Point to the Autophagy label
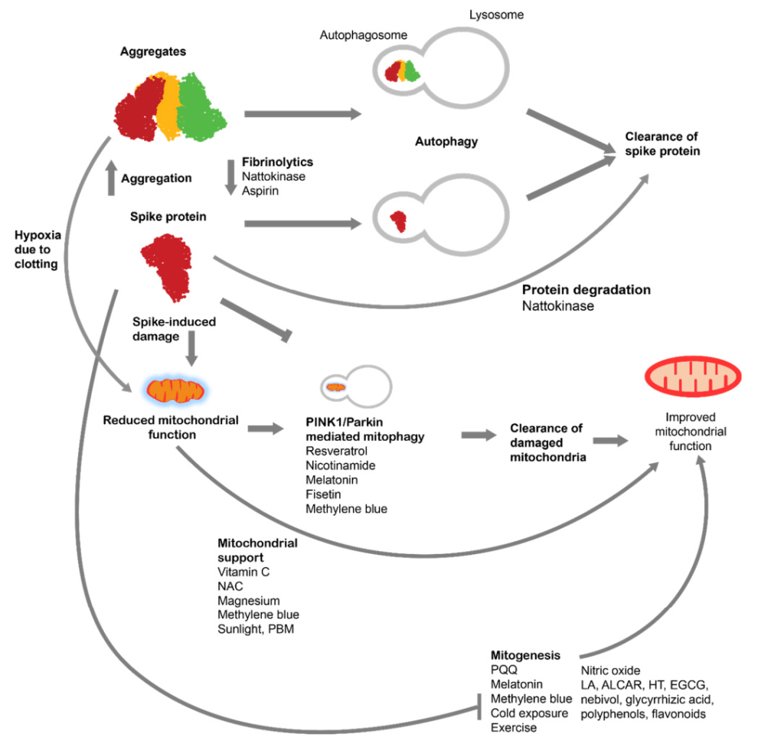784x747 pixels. (446, 142)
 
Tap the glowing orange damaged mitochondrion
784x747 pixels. (175, 391)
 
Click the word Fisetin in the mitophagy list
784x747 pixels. (324, 494)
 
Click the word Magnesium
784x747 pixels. (249, 600)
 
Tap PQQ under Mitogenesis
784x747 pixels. (504, 670)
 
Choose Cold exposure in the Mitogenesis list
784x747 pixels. (529, 713)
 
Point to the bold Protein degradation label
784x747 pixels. (586, 290)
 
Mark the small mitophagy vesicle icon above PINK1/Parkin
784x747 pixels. (355, 386)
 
